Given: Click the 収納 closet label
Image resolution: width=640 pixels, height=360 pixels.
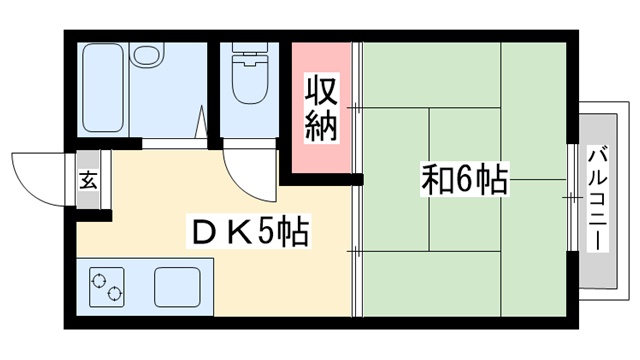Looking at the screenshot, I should point(322,107).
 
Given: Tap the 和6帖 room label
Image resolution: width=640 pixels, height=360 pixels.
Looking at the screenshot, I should point(464,182).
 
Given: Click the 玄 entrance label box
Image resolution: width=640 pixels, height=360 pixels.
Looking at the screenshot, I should point(87,181).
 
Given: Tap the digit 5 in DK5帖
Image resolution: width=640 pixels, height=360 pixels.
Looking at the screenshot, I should point(267,234).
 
